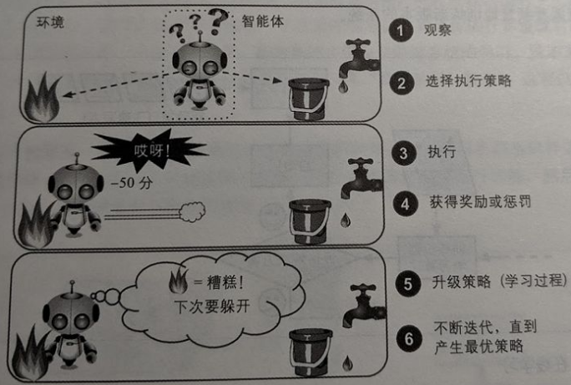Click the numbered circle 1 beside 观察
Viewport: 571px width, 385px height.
[401, 30]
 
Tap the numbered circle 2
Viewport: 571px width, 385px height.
[402, 83]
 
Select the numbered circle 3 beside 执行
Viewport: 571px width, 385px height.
[404, 153]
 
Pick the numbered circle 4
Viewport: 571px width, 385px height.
[406, 204]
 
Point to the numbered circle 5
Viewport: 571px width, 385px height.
[408, 283]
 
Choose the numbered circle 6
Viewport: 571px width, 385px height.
[409, 338]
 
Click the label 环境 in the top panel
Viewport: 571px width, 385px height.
[50, 23]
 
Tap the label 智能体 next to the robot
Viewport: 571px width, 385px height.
[263, 22]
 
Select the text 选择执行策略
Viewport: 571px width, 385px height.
[468, 81]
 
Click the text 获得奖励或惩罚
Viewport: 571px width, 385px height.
[480, 201]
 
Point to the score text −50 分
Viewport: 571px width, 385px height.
[131, 183]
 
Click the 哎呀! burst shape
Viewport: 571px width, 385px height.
[149, 149]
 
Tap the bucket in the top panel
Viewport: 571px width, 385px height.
[308, 99]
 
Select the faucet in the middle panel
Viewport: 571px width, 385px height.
[361, 178]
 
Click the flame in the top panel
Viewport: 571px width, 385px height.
[43, 97]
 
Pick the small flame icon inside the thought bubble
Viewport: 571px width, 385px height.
[179, 281]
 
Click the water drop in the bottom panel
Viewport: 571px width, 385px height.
[347, 362]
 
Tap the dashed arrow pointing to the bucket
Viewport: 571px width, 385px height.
[252, 77]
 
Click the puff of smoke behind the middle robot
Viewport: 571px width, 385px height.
[192, 212]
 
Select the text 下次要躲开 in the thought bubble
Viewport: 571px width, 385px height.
[212, 306]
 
